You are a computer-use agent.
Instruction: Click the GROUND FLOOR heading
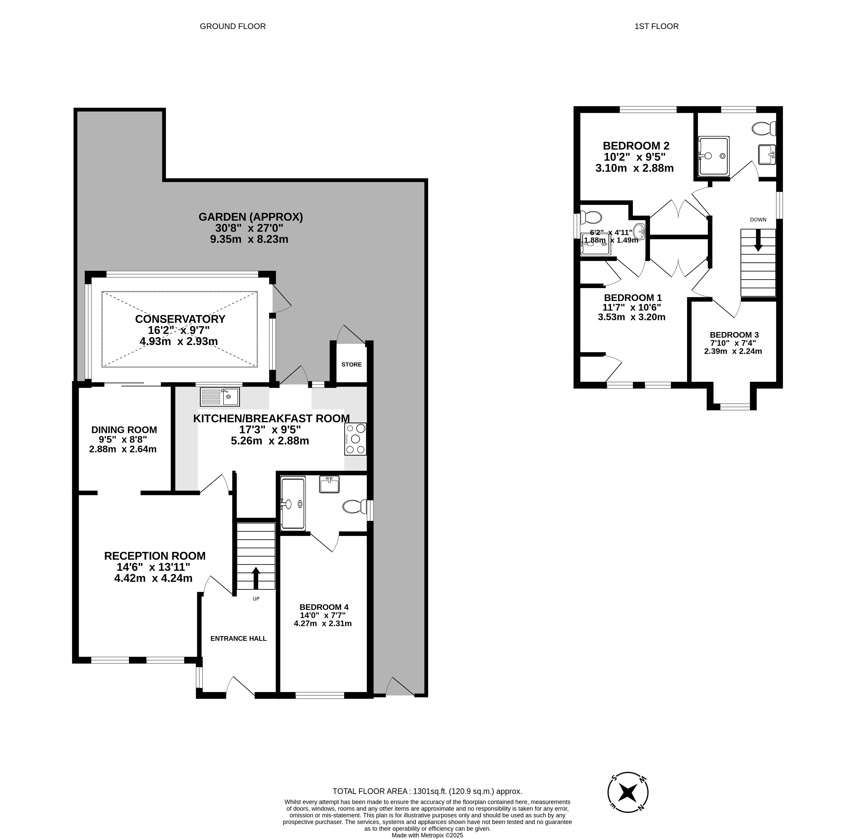click(x=233, y=26)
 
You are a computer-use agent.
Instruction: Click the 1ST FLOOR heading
click(x=656, y=26)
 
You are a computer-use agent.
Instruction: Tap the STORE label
click(x=351, y=364)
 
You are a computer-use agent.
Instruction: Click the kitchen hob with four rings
click(x=355, y=439)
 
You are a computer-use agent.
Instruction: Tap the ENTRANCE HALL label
click(x=238, y=638)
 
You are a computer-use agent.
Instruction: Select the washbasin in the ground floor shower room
click(x=329, y=484)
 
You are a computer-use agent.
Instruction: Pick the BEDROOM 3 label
click(x=734, y=335)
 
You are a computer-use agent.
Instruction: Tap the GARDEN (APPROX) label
click(x=251, y=217)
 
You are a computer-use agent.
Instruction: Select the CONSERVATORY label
click(x=180, y=319)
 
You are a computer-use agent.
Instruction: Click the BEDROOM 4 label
click(x=324, y=607)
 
